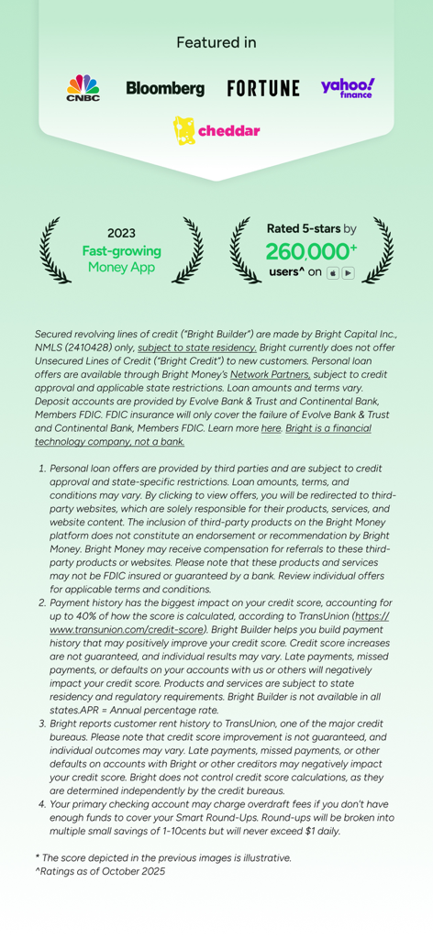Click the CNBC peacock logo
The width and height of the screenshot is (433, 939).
[x=83, y=88]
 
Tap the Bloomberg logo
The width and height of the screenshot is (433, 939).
[x=165, y=89]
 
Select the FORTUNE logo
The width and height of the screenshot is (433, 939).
[x=263, y=89]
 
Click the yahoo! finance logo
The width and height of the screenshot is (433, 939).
[x=348, y=88]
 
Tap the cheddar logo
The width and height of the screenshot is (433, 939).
[x=216, y=131]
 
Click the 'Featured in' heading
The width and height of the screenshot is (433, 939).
[x=216, y=43]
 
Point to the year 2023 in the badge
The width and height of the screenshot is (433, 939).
[x=121, y=234]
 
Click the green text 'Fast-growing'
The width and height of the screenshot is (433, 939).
[x=121, y=250]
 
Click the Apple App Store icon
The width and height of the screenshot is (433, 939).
[x=332, y=273]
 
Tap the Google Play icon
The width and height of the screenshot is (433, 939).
[x=348, y=273]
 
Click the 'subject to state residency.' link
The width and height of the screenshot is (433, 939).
[x=197, y=348]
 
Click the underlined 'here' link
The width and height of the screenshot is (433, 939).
[x=271, y=427]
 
